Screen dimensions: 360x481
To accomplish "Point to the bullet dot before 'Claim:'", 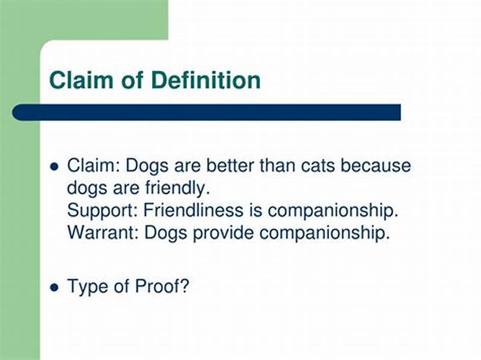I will pos(55,166).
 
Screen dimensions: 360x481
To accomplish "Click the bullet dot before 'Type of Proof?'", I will pos(55,287).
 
